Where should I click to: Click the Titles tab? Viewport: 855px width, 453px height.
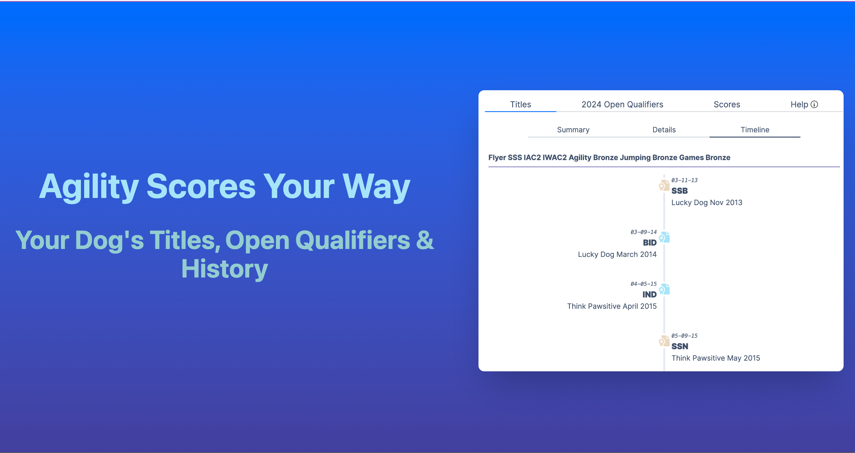520,105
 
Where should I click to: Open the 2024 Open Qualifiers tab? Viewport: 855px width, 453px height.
622,105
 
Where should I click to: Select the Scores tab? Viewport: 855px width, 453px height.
727,105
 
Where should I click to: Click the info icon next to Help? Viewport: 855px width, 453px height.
814,105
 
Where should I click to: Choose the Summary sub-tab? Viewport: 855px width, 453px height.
573,130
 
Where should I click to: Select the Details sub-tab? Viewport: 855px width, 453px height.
664,130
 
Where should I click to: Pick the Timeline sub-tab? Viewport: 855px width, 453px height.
755,130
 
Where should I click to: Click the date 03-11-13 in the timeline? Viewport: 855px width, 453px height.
684,180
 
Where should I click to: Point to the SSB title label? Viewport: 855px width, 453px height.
680,191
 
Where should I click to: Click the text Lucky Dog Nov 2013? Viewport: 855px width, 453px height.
707,203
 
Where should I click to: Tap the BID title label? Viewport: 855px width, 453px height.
650,243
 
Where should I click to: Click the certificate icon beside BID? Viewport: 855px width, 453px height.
664,237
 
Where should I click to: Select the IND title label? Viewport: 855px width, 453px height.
650,295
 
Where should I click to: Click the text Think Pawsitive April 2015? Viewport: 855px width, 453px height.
612,306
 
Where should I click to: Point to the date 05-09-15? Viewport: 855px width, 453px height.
684,336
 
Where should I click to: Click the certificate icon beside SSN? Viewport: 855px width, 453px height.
664,341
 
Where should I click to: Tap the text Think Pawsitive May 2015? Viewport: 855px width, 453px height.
716,358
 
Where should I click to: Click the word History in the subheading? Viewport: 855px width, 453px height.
225,269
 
